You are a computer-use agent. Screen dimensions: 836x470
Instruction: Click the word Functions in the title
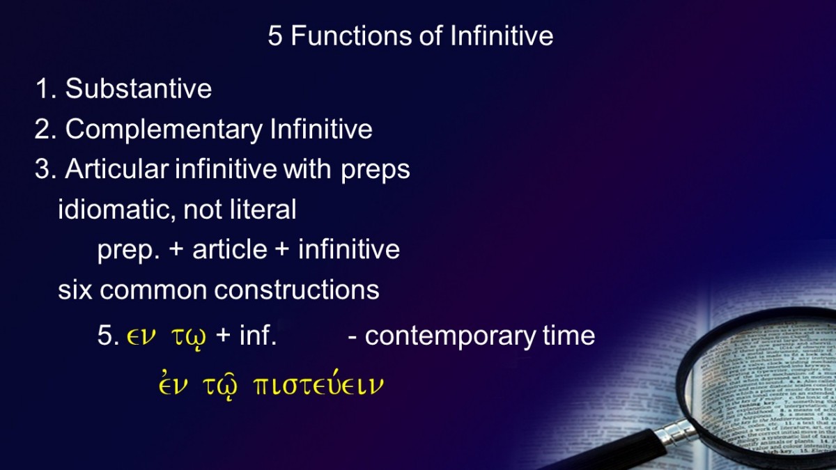click(x=352, y=36)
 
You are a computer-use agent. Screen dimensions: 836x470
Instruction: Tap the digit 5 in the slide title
click(x=275, y=36)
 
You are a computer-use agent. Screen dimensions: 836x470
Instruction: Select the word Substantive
click(x=139, y=89)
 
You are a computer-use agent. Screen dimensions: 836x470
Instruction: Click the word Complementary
click(x=164, y=130)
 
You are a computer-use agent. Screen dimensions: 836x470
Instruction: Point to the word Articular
click(x=117, y=169)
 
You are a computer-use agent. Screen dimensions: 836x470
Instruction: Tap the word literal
click(x=263, y=209)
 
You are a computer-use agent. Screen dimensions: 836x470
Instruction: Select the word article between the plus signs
click(x=230, y=249)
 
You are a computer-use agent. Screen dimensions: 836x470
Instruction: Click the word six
click(x=75, y=290)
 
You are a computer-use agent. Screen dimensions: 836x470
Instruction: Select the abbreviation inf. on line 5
click(x=258, y=335)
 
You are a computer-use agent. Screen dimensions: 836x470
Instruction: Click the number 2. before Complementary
click(x=45, y=129)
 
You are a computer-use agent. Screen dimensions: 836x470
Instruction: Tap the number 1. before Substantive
click(x=45, y=89)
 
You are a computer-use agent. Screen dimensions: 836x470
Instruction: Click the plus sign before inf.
click(x=223, y=335)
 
